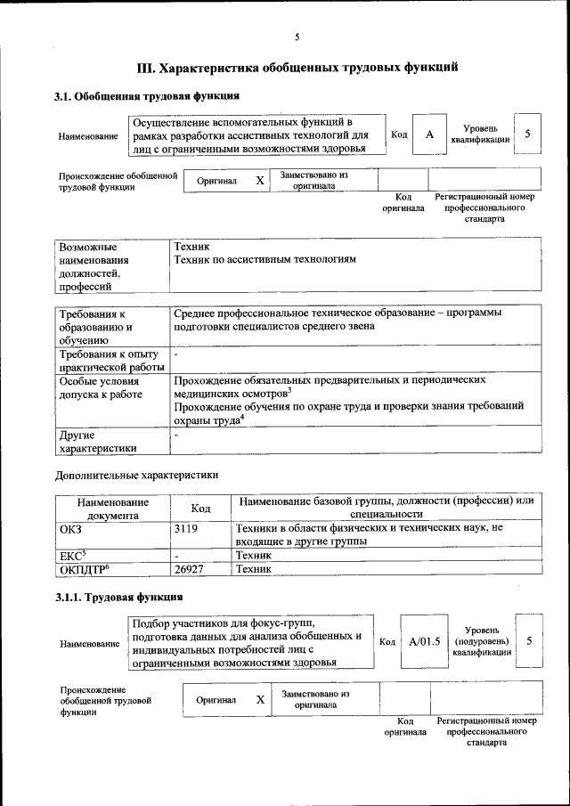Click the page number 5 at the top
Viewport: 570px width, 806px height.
[297, 37]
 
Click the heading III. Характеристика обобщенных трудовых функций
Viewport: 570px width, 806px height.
[297, 67]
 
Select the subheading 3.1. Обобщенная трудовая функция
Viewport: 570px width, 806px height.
[147, 95]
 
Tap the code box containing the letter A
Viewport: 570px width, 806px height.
[430, 134]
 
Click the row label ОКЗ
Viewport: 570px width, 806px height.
[70, 528]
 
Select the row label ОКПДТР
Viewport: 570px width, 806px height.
[84, 568]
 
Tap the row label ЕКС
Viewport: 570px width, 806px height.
[72, 554]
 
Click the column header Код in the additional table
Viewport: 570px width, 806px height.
[200, 508]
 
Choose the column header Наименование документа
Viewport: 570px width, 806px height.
[112, 508]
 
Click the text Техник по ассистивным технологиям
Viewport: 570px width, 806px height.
[265, 259]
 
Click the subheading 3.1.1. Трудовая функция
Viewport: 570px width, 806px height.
[119, 597]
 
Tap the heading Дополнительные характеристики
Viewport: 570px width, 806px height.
[136, 475]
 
